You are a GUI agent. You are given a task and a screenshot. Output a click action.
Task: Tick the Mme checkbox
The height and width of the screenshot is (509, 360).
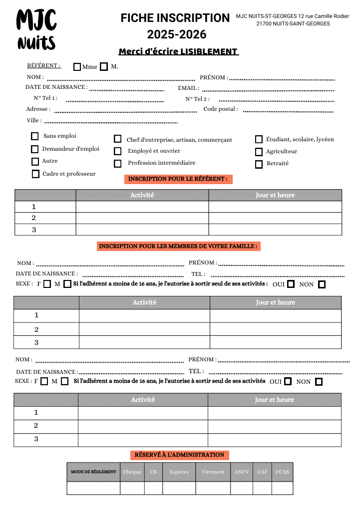pos(77,67)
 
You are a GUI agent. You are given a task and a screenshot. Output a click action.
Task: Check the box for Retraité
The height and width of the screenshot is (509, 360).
pos(259,164)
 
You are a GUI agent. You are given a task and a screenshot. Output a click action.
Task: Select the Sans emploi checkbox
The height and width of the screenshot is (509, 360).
pos(34,136)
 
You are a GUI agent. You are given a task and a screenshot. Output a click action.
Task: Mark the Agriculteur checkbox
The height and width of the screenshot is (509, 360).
pos(259,152)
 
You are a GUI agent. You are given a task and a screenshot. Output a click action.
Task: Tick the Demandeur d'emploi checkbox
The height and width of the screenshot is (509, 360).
pos(34,149)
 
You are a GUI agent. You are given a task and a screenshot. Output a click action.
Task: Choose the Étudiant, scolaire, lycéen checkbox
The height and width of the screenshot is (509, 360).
pos(259,140)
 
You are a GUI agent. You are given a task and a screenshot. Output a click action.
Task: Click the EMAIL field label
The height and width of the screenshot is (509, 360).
pos(188,88)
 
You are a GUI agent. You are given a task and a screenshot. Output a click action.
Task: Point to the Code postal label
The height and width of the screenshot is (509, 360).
pos(220,109)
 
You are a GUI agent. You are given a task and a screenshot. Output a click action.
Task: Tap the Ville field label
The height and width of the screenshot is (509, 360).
pos(34,120)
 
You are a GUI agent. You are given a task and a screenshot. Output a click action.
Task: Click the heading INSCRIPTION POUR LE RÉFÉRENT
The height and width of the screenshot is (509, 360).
pos(178,179)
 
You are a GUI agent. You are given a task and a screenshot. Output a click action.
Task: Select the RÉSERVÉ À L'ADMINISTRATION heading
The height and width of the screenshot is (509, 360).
pos(179,455)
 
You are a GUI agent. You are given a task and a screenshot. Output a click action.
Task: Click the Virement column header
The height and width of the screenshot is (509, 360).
pos(213,472)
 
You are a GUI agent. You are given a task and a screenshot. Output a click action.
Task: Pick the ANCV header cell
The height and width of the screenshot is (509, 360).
pos(242,472)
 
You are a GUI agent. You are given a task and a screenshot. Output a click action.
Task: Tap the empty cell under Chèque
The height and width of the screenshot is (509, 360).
pos(132,488)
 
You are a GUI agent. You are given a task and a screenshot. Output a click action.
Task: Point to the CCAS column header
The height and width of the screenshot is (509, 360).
pos(282,472)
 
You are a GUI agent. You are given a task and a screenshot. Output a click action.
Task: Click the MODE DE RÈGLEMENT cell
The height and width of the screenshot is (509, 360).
pos(93,472)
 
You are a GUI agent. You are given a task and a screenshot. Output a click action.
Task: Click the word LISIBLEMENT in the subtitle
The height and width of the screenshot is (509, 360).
pos(209,51)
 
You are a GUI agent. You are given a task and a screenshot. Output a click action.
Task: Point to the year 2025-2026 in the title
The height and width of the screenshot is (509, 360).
pos(177,34)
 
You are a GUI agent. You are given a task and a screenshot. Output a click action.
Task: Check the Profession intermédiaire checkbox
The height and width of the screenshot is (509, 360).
pos(118,163)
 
